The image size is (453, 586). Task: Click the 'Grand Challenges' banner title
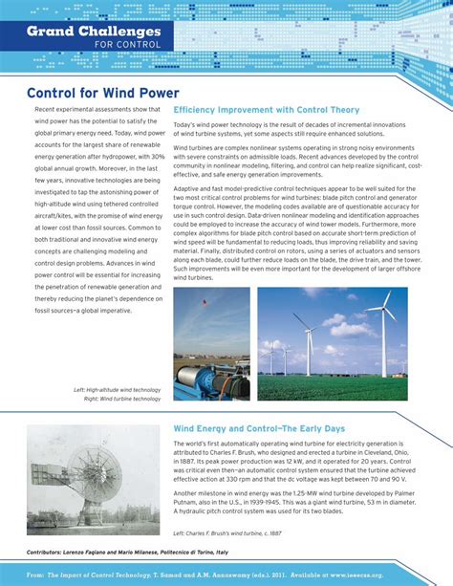[93, 32]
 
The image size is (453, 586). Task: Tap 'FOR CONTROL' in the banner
[120, 45]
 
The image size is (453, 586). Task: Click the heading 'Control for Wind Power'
[102, 93]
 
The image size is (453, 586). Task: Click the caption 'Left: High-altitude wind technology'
[117, 390]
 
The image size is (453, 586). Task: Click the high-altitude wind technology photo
[211, 342]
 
